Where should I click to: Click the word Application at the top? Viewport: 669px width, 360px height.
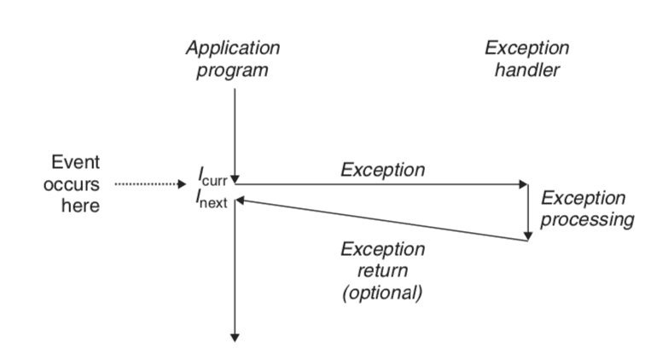coord(232,48)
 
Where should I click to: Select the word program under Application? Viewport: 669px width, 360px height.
coord(232,70)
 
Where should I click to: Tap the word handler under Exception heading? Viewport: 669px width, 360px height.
coord(526,70)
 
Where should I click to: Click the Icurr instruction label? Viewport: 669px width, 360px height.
coord(213,177)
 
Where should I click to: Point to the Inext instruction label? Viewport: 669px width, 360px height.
coord(212,200)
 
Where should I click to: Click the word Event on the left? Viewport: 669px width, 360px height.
coord(75,163)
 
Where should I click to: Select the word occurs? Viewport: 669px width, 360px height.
coord(72,184)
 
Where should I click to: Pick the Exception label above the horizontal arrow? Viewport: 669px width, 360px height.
coord(382,170)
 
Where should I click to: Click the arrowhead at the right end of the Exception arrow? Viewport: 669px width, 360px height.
coord(523,184)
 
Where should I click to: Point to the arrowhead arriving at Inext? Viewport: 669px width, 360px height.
coord(241,200)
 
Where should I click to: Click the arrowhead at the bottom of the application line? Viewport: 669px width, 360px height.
coord(235,336)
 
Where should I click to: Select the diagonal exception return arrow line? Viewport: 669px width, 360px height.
coord(384,220)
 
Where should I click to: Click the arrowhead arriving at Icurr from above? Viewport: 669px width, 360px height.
coord(235,177)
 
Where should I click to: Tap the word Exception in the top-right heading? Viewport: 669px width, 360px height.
coord(526,48)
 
